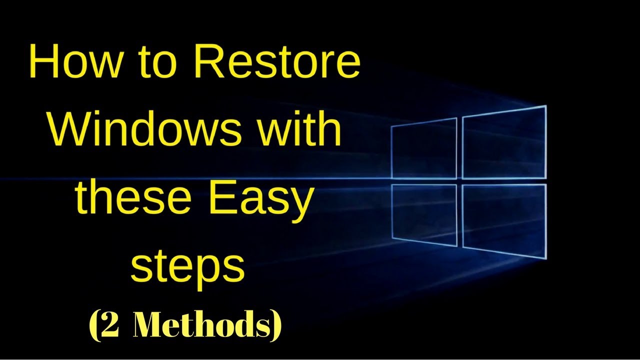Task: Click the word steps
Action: (187, 267)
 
